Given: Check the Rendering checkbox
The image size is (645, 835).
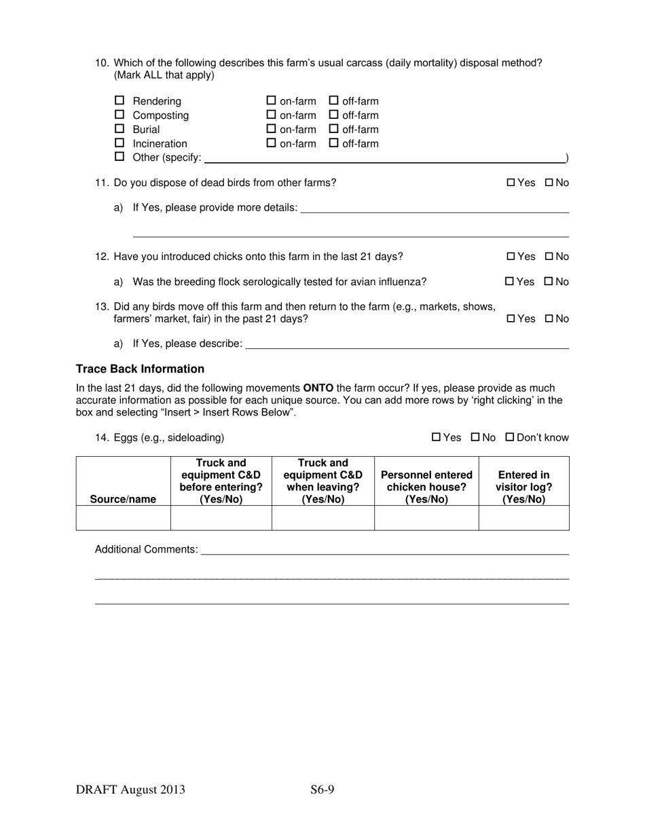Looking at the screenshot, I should tap(119, 101).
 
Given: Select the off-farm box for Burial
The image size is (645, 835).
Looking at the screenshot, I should tap(333, 129).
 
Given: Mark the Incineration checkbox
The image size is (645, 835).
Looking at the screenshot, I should tap(119, 143).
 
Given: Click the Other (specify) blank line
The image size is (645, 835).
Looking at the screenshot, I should tap(384, 158).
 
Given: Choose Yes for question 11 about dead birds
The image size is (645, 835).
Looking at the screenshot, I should tap(511, 183).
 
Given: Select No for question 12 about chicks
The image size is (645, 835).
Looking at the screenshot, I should tap(549, 257).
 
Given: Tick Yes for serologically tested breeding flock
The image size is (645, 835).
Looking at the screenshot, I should tap(510, 282).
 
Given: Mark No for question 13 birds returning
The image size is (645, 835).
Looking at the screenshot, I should tap(549, 318).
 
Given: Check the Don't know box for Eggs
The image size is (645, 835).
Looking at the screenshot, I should tap(510, 438).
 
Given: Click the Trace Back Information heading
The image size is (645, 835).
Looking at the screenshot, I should tap(140, 369).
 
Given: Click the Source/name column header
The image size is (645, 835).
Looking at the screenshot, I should tap(123, 500).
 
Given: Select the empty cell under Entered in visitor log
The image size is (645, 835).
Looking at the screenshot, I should tap(523, 518).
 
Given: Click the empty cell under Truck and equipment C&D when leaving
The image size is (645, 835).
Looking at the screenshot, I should tap(322, 518).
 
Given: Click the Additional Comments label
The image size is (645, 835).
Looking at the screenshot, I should tap(146, 549).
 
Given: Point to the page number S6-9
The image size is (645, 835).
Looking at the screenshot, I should tap(322, 790).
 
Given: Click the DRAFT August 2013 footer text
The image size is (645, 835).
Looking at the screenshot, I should tap(130, 790).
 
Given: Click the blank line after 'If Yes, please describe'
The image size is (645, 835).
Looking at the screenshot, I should tap(407, 344).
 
